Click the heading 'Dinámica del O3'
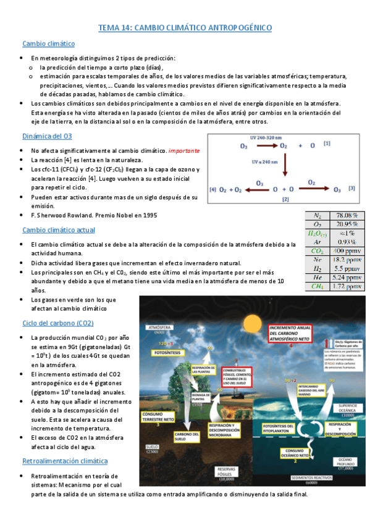(47, 136)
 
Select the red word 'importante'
(183, 150)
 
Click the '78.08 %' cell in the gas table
(348, 215)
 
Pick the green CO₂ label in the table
(317, 251)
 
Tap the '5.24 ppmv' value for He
(348, 278)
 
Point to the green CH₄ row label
(317, 287)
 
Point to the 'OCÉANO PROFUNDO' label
(344, 461)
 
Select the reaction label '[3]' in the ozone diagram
(351, 187)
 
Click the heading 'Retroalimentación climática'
(65, 461)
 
